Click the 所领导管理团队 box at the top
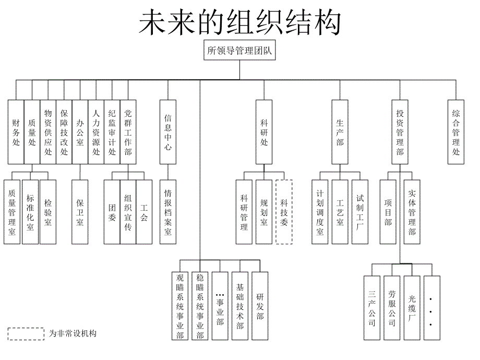(240, 51)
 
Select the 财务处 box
(16, 132)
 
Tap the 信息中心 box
(167, 132)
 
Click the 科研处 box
(264, 132)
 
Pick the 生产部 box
(340, 132)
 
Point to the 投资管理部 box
(400, 132)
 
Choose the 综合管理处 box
(456, 132)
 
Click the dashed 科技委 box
(284, 212)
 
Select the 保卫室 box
(80, 212)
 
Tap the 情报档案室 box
(167, 212)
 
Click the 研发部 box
(260, 307)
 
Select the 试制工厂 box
(360, 212)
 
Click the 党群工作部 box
(128, 132)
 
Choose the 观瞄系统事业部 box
(180, 307)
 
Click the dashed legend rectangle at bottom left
(26, 333)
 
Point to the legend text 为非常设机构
(73, 333)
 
